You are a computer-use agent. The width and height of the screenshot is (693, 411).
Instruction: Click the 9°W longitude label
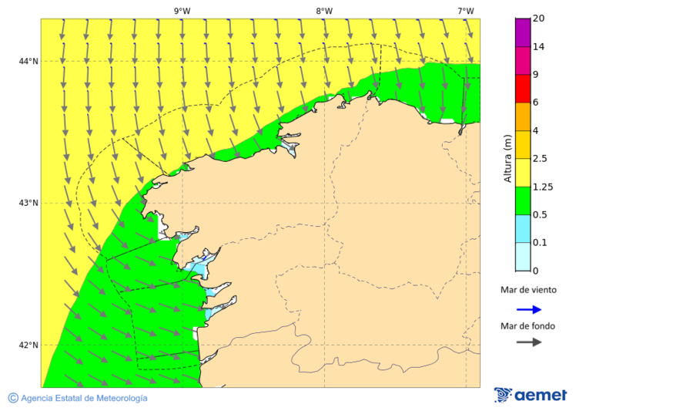[182, 11]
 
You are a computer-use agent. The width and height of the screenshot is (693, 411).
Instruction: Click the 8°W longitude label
[323, 11]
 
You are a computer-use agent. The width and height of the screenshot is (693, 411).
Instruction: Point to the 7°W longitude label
[465, 11]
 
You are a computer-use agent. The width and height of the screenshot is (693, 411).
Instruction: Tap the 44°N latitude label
[28, 61]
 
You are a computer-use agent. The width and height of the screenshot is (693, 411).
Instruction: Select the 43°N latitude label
[28, 203]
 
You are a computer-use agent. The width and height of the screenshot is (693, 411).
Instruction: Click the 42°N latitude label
[28, 345]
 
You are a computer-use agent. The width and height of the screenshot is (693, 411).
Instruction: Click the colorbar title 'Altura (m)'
[507, 159]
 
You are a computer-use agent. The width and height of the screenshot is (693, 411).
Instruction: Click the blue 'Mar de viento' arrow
[528, 309]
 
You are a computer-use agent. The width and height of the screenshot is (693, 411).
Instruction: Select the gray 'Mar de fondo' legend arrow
[528, 342]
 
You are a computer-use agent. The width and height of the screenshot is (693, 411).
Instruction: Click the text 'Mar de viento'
[528, 290]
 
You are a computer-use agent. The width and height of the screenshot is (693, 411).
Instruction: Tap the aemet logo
[531, 395]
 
